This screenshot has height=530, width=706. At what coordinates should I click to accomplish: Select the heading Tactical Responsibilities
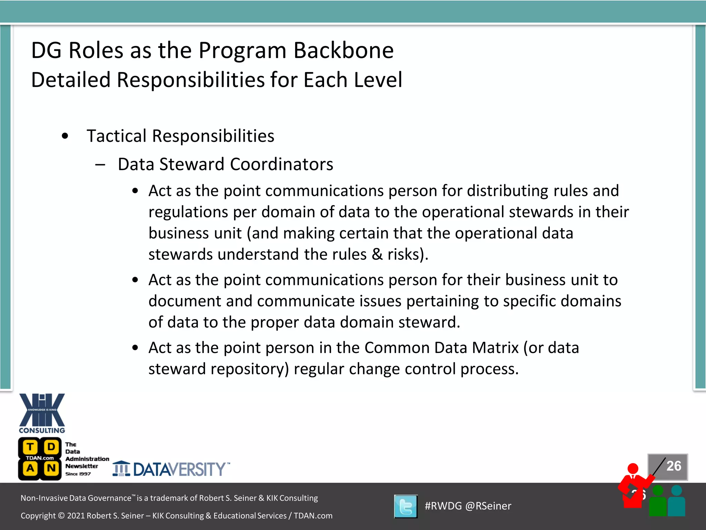[x=180, y=136]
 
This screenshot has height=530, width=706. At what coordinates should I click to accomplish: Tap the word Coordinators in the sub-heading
[x=281, y=164]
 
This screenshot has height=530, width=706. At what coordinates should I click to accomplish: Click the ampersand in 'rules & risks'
[x=377, y=255]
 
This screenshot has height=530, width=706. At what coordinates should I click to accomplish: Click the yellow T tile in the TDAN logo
[x=30, y=447]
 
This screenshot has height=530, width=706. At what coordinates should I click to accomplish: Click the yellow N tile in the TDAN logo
[x=51, y=468]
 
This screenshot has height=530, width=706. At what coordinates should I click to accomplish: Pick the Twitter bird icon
[x=406, y=507]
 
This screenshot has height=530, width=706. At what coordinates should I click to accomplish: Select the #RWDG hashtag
[x=443, y=506]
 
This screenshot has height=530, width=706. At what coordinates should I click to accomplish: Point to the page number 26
[x=674, y=466]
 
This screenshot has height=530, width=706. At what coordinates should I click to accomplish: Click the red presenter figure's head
[x=633, y=469]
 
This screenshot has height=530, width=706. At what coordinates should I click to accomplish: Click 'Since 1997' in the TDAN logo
[x=78, y=474]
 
